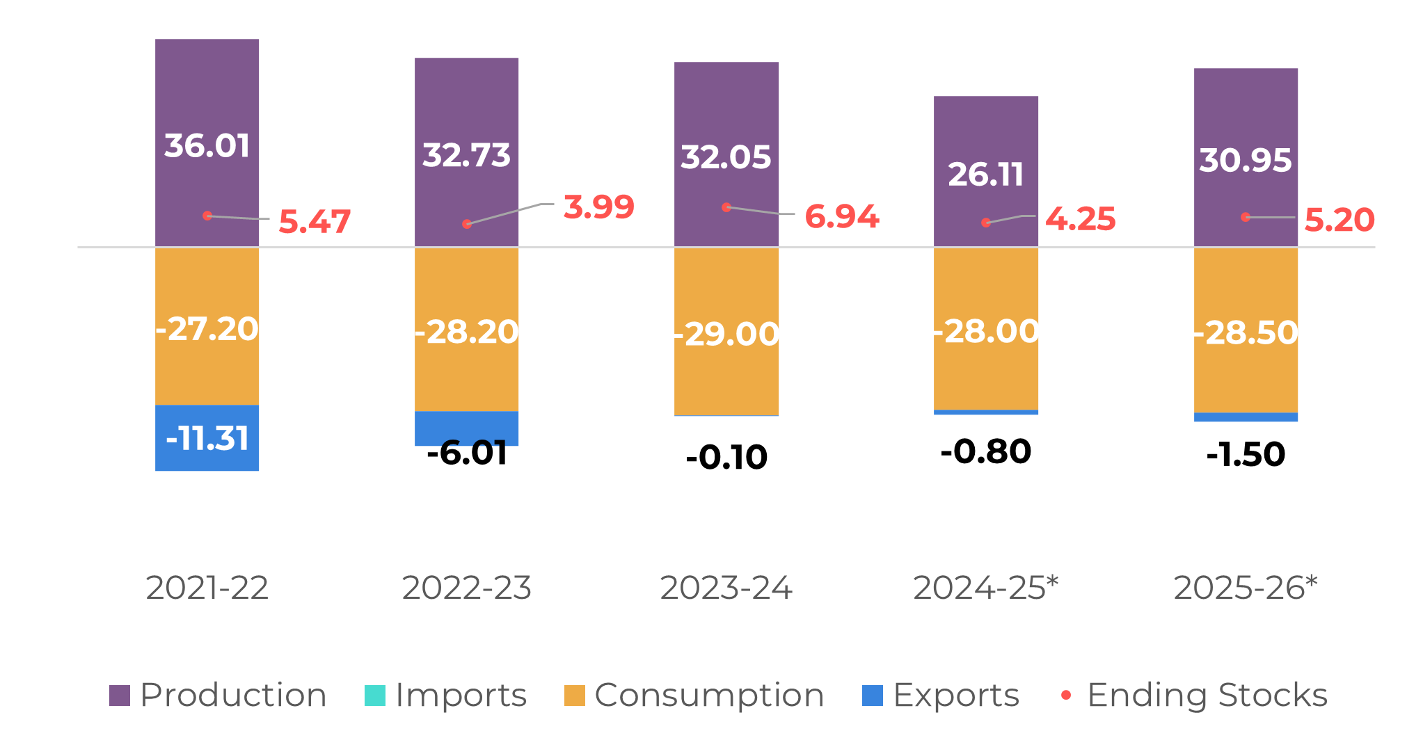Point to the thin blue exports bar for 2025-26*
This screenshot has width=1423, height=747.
point(1246,417)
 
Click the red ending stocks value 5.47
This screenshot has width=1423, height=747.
point(315,222)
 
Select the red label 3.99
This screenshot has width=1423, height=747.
point(598,207)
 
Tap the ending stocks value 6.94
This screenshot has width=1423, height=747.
point(842,216)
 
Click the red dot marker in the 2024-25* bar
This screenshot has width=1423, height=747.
point(986,223)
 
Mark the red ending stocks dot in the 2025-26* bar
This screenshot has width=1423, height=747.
point(1246,217)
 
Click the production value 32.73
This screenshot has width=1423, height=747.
point(466,155)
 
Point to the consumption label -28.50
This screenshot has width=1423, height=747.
point(1246,332)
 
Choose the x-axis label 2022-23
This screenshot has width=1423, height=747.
point(466,588)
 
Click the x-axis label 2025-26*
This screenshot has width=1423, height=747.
point(1246,588)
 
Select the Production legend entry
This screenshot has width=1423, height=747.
point(218,695)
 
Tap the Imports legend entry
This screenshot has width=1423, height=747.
point(446,695)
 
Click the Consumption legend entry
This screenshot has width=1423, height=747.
point(694,695)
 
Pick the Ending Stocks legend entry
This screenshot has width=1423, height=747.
point(1194,695)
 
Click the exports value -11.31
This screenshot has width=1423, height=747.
point(207,439)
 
